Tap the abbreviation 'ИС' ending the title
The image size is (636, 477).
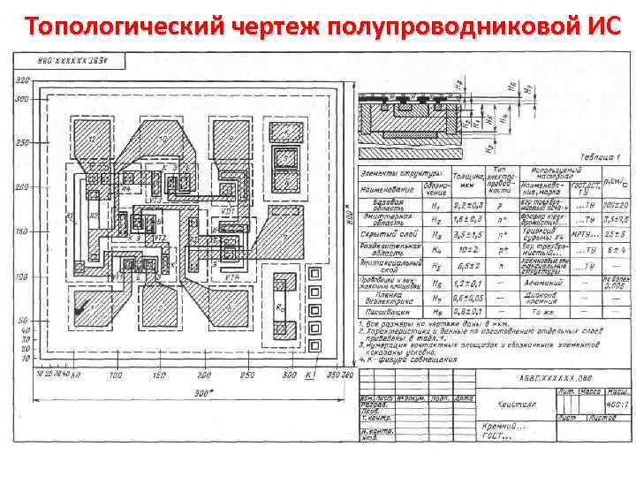point(594,26)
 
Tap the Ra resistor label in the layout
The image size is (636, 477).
point(281,307)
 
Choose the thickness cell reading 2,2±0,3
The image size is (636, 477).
point(465,204)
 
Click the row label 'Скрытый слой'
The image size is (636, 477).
point(382,234)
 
